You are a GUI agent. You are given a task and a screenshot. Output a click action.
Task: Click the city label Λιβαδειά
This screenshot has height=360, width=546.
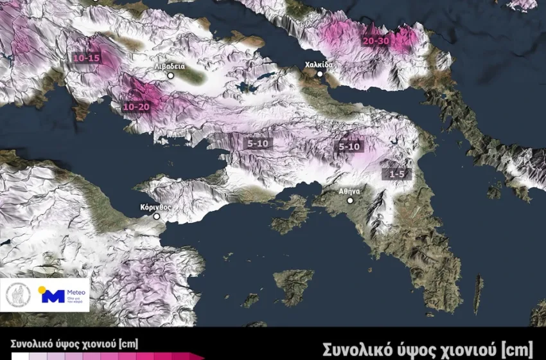click(x=170, y=66)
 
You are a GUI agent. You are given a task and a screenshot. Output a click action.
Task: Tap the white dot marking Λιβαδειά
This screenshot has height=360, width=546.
click(x=171, y=76)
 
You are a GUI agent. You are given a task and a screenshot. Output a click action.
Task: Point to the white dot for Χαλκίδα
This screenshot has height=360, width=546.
click(x=319, y=75)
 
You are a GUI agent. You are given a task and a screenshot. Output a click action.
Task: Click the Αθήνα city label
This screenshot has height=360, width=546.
click(x=349, y=191)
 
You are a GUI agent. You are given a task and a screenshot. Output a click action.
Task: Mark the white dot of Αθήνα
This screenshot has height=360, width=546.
click(x=350, y=201)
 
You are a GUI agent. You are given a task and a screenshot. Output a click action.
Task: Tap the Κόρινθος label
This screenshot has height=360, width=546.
click(x=156, y=208)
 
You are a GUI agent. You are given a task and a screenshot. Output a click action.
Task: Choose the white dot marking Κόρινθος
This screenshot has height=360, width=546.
click(x=156, y=217)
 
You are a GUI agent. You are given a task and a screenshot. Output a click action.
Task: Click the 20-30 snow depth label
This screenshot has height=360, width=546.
click(x=375, y=40)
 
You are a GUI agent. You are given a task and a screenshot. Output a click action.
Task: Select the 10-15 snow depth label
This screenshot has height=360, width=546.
click(x=87, y=59)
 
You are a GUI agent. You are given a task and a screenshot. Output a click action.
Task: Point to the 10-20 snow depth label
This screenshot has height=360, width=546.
click(x=136, y=107)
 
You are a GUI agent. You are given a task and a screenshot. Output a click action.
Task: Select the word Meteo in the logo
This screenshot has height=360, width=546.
click(x=76, y=292)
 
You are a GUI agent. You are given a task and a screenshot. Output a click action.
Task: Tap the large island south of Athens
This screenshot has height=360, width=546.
click(x=294, y=283)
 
